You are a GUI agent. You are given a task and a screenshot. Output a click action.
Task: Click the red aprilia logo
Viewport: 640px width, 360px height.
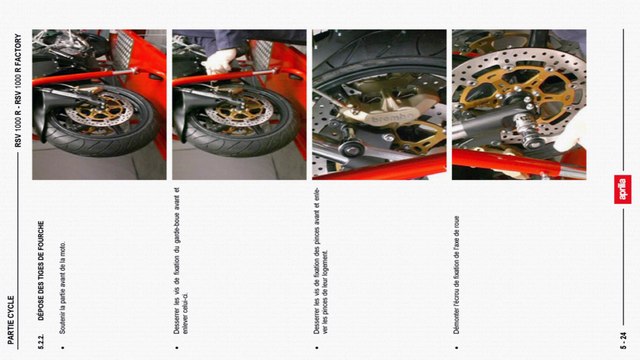[622, 189]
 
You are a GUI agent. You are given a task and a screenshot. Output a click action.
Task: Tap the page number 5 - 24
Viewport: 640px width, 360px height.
[622, 335]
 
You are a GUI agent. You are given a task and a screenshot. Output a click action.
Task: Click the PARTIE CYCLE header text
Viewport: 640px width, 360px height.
[11, 319]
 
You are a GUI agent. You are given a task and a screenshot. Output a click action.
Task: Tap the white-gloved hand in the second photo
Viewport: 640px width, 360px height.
[219, 59]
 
